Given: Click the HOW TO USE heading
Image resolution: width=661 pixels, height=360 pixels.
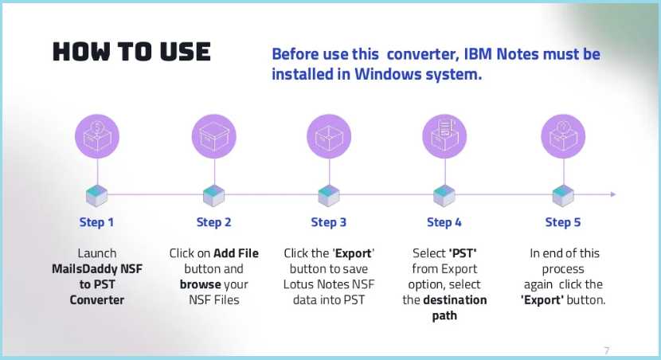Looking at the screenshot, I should point(131,53).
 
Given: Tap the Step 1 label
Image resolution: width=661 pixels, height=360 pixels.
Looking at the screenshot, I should point(96,222).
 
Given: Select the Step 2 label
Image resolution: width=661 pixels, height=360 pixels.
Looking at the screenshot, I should point(213,222).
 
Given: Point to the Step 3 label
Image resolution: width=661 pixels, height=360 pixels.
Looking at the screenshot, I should point(328,222).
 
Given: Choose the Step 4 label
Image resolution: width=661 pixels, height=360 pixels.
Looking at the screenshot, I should point(444,222).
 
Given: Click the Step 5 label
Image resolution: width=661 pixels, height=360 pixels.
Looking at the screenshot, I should point(562,222).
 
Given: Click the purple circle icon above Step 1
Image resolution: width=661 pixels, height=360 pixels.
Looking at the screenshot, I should point(97,135).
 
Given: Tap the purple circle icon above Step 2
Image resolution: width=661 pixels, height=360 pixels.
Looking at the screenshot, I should point(213,135).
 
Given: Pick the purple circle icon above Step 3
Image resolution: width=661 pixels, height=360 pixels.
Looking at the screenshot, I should point(329,135).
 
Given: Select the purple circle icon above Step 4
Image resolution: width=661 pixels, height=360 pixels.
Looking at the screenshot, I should point(444,135).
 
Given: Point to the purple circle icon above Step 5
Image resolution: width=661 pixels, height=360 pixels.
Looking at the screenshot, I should point(563,135).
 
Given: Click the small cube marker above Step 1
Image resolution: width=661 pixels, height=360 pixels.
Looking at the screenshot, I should point(97,195).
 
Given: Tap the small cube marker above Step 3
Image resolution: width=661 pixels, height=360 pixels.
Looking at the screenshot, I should point(329,195).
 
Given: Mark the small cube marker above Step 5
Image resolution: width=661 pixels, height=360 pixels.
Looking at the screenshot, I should point(563,195).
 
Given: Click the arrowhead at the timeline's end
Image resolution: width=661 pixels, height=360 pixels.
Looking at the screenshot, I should point(612,194).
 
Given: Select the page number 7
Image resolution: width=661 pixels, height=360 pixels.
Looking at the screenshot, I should point(607,350).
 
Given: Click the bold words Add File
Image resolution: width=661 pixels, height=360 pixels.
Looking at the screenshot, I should point(235,253).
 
